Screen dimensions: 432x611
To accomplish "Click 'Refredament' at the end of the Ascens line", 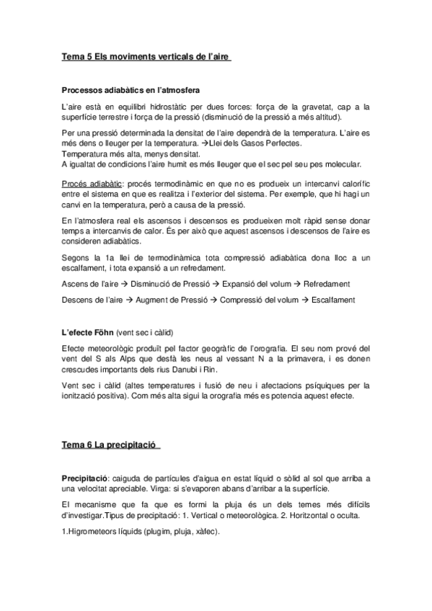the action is coord(327,283).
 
